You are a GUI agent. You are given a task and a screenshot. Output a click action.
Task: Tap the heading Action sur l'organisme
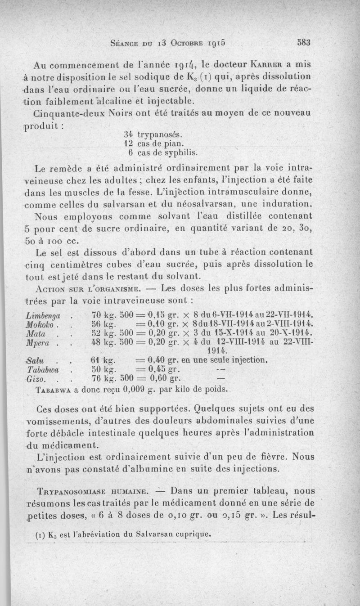pyautogui.click(x=94, y=287)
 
